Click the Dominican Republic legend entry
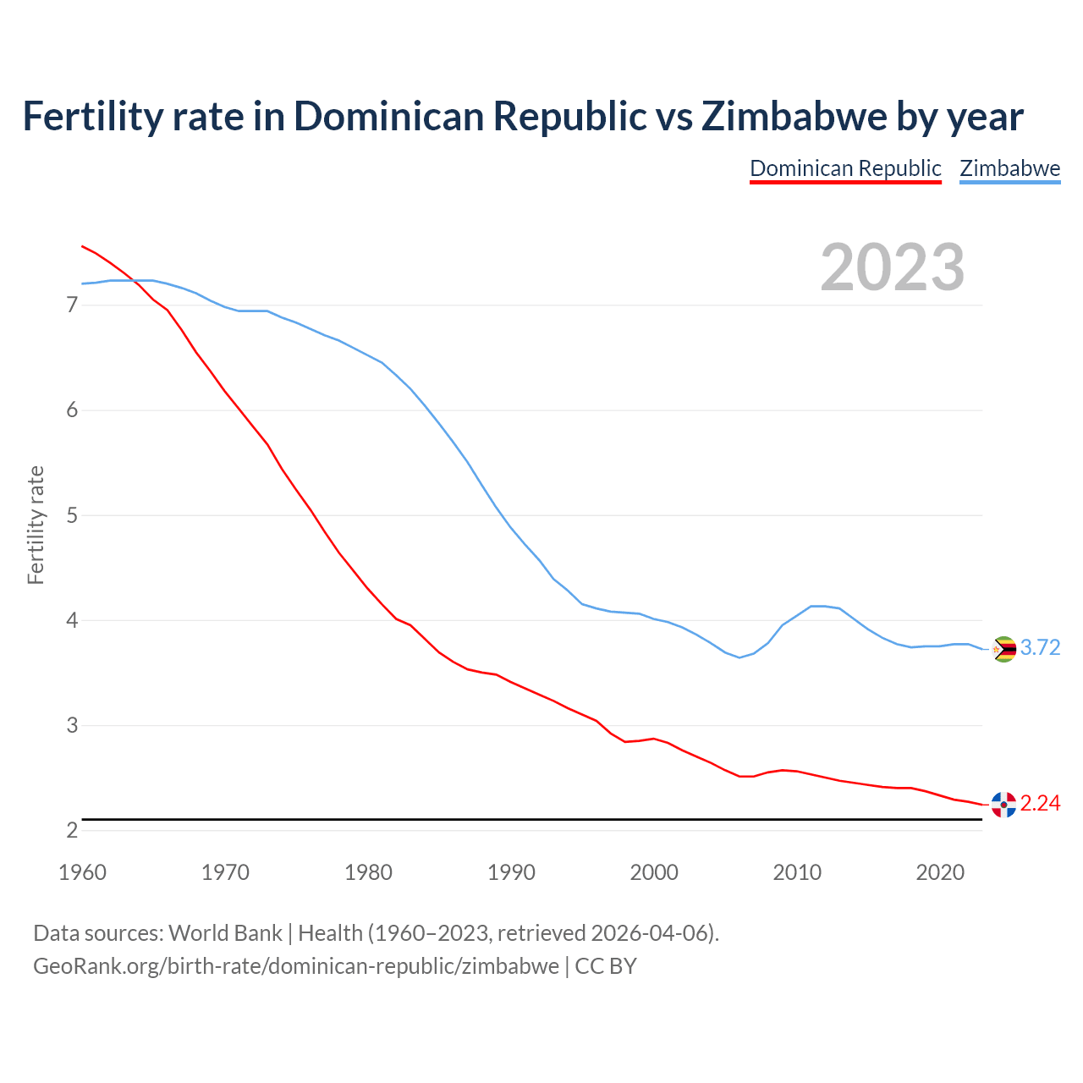click(845, 168)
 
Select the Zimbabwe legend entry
click(1009, 168)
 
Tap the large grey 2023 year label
click(893, 267)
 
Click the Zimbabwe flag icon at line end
click(1003, 649)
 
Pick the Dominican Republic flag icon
click(1003, 805)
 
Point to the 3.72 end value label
click(1040, 648)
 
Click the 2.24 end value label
click(1040, 804)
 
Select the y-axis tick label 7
click(72, 305)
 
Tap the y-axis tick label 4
click(72, 620)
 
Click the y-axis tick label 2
click(72, 831)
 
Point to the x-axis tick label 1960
click(82, 872)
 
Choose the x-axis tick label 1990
click(511, 872)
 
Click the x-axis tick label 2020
click(940, 872)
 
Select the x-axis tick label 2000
click(654, 872)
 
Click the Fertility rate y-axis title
click(36, 525)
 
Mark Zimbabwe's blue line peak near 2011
click(817, 606)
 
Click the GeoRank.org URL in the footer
click(296, 966)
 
